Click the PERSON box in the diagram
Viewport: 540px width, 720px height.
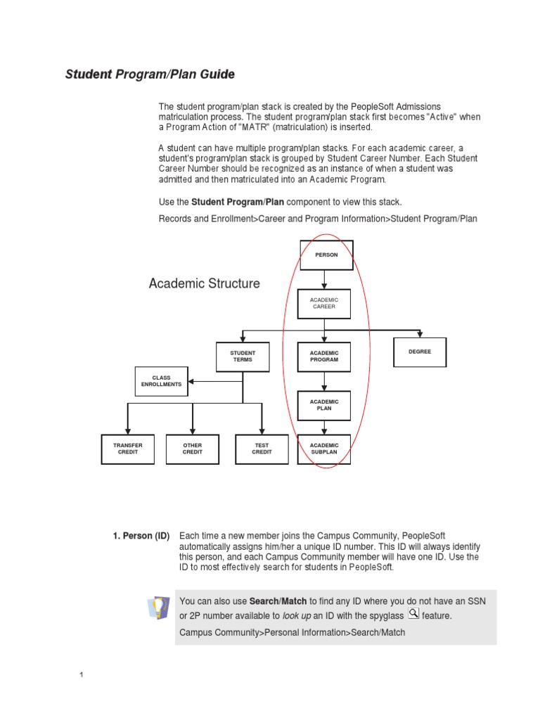pyautogui.click(x=326, y=255)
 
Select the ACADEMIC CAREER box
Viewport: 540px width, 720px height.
pyautogui.click(x=323, y=304)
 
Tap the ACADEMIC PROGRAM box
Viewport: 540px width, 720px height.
pyautogui.click(x=323, y=356)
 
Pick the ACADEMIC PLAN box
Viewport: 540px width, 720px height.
pyautogui.click(x=323, y=405)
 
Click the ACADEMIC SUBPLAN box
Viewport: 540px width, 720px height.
pyautogui.click(x=323, y=449)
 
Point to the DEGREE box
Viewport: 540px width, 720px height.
pyautogui.click(x=420, y=352)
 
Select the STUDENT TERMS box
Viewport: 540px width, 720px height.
pyautogui.click(x=243, y=356)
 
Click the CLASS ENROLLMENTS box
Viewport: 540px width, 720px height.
pyautogui.click(x=162, y=380)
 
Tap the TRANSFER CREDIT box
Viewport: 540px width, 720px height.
pyautogui.click(x=128, y=449)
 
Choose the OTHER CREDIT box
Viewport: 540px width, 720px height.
pyautogui.click(x=192, y=449)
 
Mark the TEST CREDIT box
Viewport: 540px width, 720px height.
pyautogui.click(x=262, y=449)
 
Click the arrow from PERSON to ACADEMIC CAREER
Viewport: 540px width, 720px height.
pyautogui.click(x=323, y=280)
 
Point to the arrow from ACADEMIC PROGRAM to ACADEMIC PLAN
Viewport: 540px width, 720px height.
pyautogui.click(x=323, y=381)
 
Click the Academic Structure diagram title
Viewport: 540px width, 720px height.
pyautogui.click(x=204, y=283)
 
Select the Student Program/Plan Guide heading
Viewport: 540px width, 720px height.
pyautogui.click(x=150, y=74)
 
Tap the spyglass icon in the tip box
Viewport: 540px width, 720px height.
pyautogui.click(x=413, y=613)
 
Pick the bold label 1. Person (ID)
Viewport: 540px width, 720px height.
pyautogui.click(x=141, y=536)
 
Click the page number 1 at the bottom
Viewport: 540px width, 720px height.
pyautogui.click(x=82, y=676)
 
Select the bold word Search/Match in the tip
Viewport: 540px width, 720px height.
pyautogui.click(x=278, y=601)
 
